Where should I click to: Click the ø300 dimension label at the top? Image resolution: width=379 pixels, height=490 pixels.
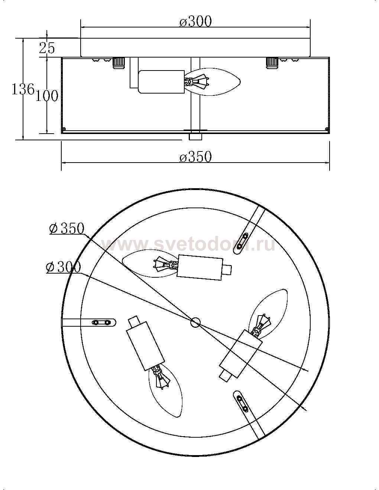pos(195,22)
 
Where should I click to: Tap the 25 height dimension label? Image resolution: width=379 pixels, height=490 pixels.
pos(47,48)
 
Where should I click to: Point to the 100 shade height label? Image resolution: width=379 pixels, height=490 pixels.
pos(47,96)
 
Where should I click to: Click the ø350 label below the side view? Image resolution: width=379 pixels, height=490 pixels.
pos(195,157)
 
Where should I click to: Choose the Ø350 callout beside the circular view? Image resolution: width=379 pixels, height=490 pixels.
pos(67,228)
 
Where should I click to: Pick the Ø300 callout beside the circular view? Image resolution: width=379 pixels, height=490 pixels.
pos(63,268)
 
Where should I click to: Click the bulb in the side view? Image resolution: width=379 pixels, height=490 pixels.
pos(212,82)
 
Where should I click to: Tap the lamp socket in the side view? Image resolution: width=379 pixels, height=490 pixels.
pos(162,82)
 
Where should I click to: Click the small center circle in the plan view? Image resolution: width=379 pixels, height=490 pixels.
pos(195,323)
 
